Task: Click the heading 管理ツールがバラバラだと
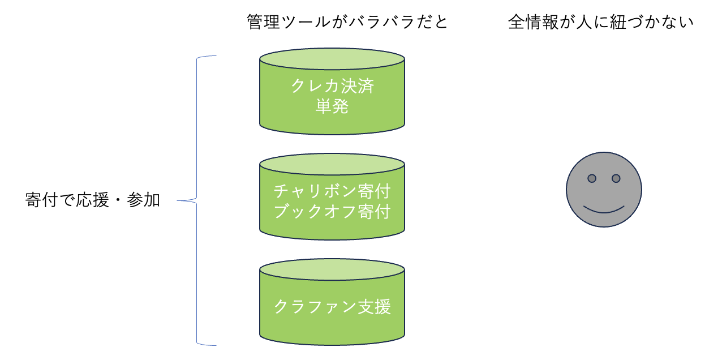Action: pyautogui.click(x=347, y=22)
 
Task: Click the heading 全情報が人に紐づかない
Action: pyautogui.click(x=600, y=22)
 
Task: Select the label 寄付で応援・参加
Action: pyautogui.click(x=93, y=200)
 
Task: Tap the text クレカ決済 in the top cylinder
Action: pyautogui.click(x=332, y=86)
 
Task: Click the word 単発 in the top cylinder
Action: pyautogui.click(x=332, y=106)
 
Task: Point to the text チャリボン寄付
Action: pyautogui.click(x=332, y=191)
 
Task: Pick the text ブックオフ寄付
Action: pyautogui.click(x=332, y=211)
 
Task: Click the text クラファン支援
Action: pyautogui.click(x=332, y=306)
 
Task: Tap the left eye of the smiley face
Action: pyautogui.click(x=592, y=178)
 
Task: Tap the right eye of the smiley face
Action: pyautogui.click(x=616, y=178)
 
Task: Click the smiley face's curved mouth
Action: pyautogui.click(x=604, y=212)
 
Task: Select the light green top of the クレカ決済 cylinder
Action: pyautogui.click(x=332, y=59)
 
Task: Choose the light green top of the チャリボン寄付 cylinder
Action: pyautogui.click(x=332, y=164)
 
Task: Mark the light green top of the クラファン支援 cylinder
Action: pyautogui.click(x=332, y=269)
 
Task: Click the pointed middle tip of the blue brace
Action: pyautogui.click(x=178, y=200)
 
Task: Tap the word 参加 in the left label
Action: pyautogui.click(x=143, y=200)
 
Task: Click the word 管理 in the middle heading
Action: pyautogui.click(x=264, y=22)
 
